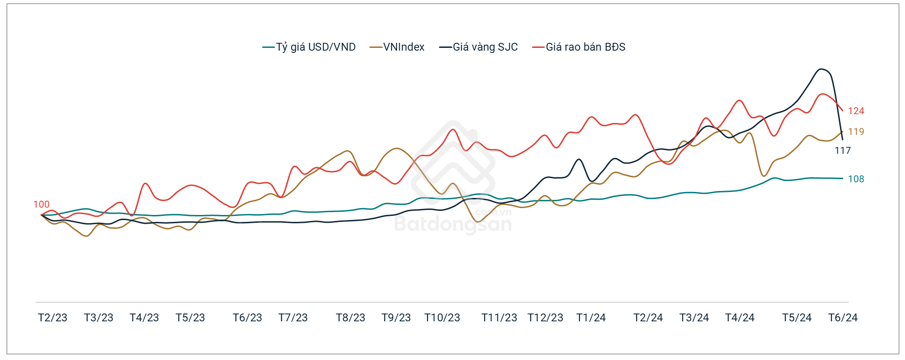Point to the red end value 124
[x=856, y=111]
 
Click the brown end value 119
[x=856, y=132]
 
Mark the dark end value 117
[x=842, y=151]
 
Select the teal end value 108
[x=856, y=179]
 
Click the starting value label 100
[x=41, y=204]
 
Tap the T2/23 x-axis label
[x=53, y=318]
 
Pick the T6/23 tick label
[x=247, y=318]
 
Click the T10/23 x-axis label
[x=442, y=318]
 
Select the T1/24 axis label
[x=591, y=318]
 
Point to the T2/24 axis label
[x=648, y=318]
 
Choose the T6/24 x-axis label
[x=843, y=318]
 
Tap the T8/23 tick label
[x=350, y=318]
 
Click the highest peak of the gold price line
[x=821, y=69]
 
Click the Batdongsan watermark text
[x=453, y=224]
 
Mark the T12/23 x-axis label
[x=545, y=318]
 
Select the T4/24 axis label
[x=740, y=318]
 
